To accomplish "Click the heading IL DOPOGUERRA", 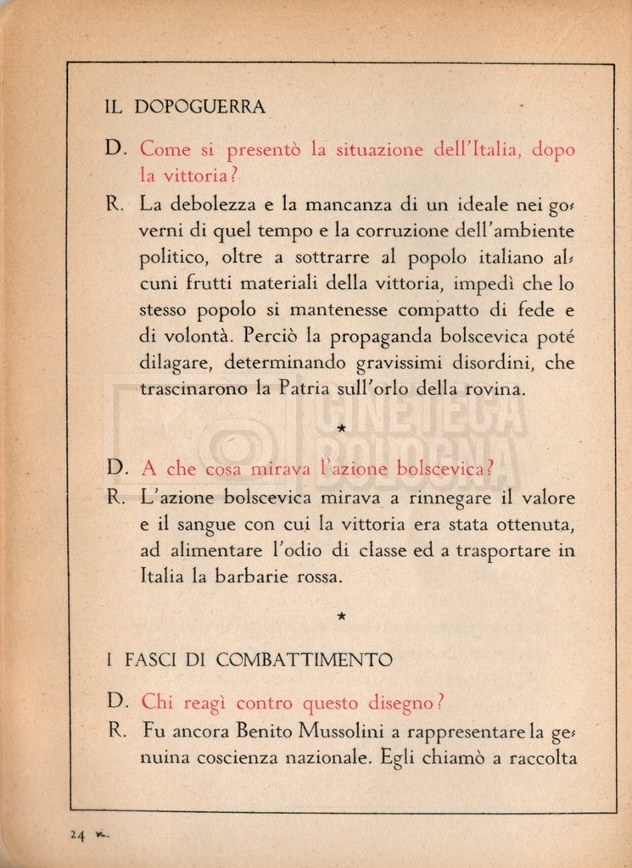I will pos(184,107).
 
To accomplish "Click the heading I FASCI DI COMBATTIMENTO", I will pos(249,659).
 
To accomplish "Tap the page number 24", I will pos(78,834).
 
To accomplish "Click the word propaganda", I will pos(351,337).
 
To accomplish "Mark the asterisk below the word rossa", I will pos(341,617).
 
